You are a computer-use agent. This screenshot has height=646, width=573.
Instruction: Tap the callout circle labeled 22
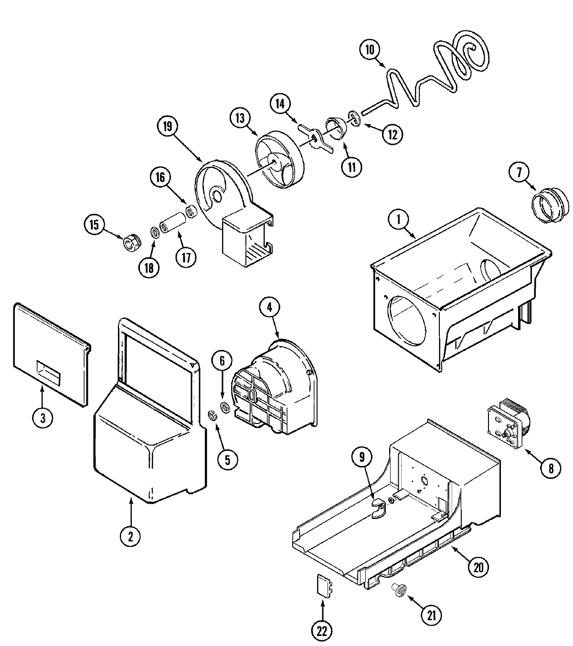tap(322, 631)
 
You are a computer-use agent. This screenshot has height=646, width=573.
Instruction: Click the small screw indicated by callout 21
tap(400, 591)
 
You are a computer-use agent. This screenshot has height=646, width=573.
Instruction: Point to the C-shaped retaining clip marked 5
tap(213, 416)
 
